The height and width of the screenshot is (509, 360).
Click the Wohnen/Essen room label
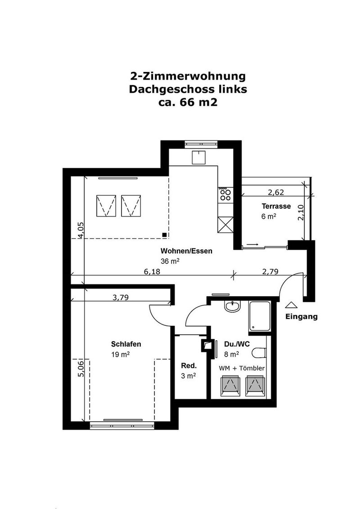click(186, 251)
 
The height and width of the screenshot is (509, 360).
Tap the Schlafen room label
click(126, 344)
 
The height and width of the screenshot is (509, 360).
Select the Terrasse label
click(276, 207)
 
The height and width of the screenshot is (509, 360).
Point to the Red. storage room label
click(187, 365)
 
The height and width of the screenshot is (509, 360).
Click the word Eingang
click(301, 316)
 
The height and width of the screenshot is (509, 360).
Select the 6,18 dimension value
click(152, 271)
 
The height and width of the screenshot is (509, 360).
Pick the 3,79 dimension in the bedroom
click(120, 297)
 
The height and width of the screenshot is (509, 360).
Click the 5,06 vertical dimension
click(81, 369)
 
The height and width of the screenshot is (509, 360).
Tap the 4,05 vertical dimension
click(81, 230)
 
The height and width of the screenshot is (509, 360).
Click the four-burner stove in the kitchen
click(225, 194)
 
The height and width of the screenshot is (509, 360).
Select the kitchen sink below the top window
click(198, 158)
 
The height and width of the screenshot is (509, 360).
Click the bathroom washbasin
click(233, 306)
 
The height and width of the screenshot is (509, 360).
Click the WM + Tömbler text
click(242, 368)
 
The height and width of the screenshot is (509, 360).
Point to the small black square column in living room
click(165, 234)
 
